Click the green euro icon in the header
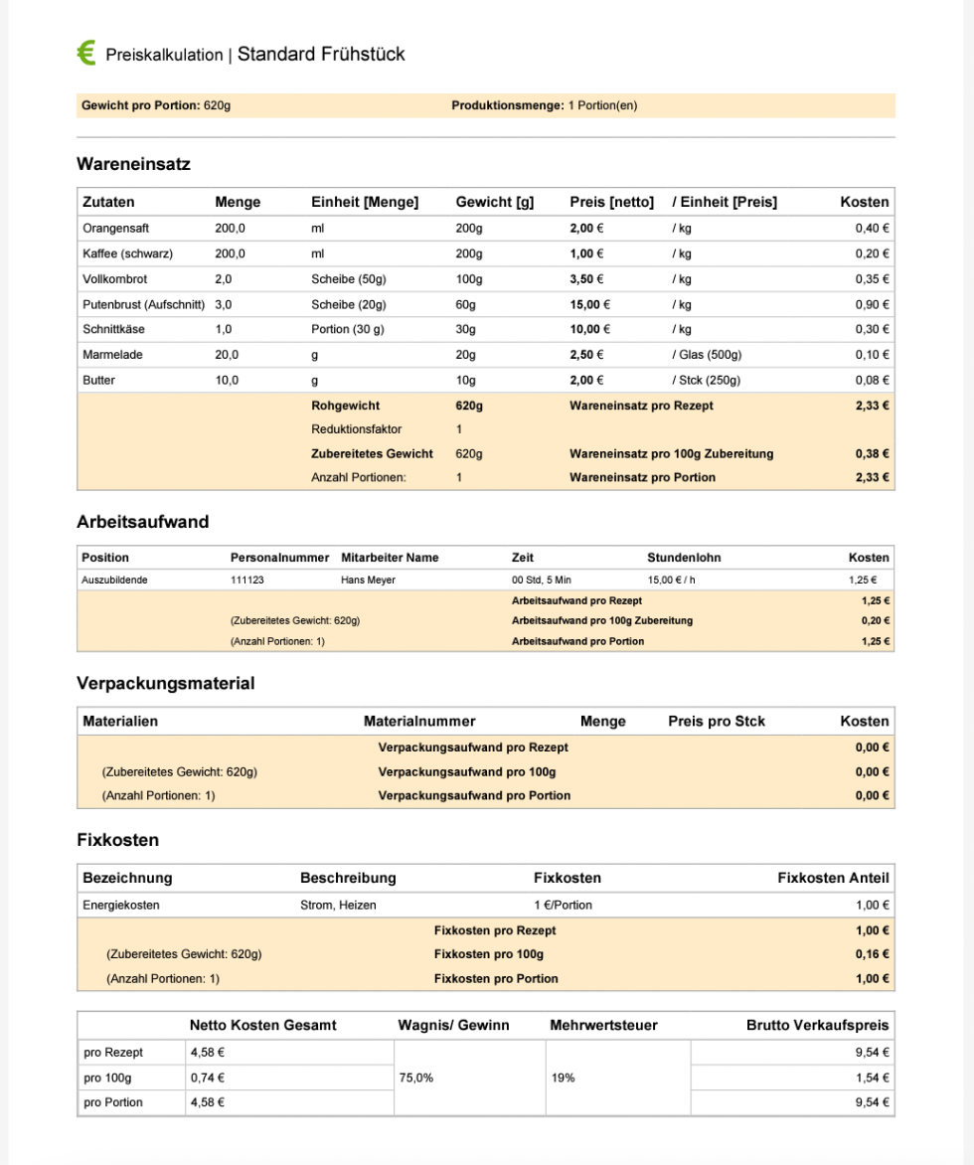tap(86, 54)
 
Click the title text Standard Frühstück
tap(321, 54)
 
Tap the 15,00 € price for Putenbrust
tap(589, 304)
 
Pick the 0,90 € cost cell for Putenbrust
tap(872, 304)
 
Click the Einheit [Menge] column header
tap(365, 202)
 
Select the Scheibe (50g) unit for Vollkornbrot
tap(348, 279)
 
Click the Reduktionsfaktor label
tap(356, 429)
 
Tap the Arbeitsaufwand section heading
tap(142, 522)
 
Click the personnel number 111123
tap(247, 580)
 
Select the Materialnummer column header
tap(419, 721)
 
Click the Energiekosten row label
tap(121, 906)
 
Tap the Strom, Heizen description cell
tap(338, 906)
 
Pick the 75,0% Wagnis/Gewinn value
tap(415, 1078)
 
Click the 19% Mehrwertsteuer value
tap(563, 1078)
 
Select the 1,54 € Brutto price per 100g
tap(872, 1078)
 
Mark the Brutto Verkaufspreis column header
tap(817, 1025)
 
